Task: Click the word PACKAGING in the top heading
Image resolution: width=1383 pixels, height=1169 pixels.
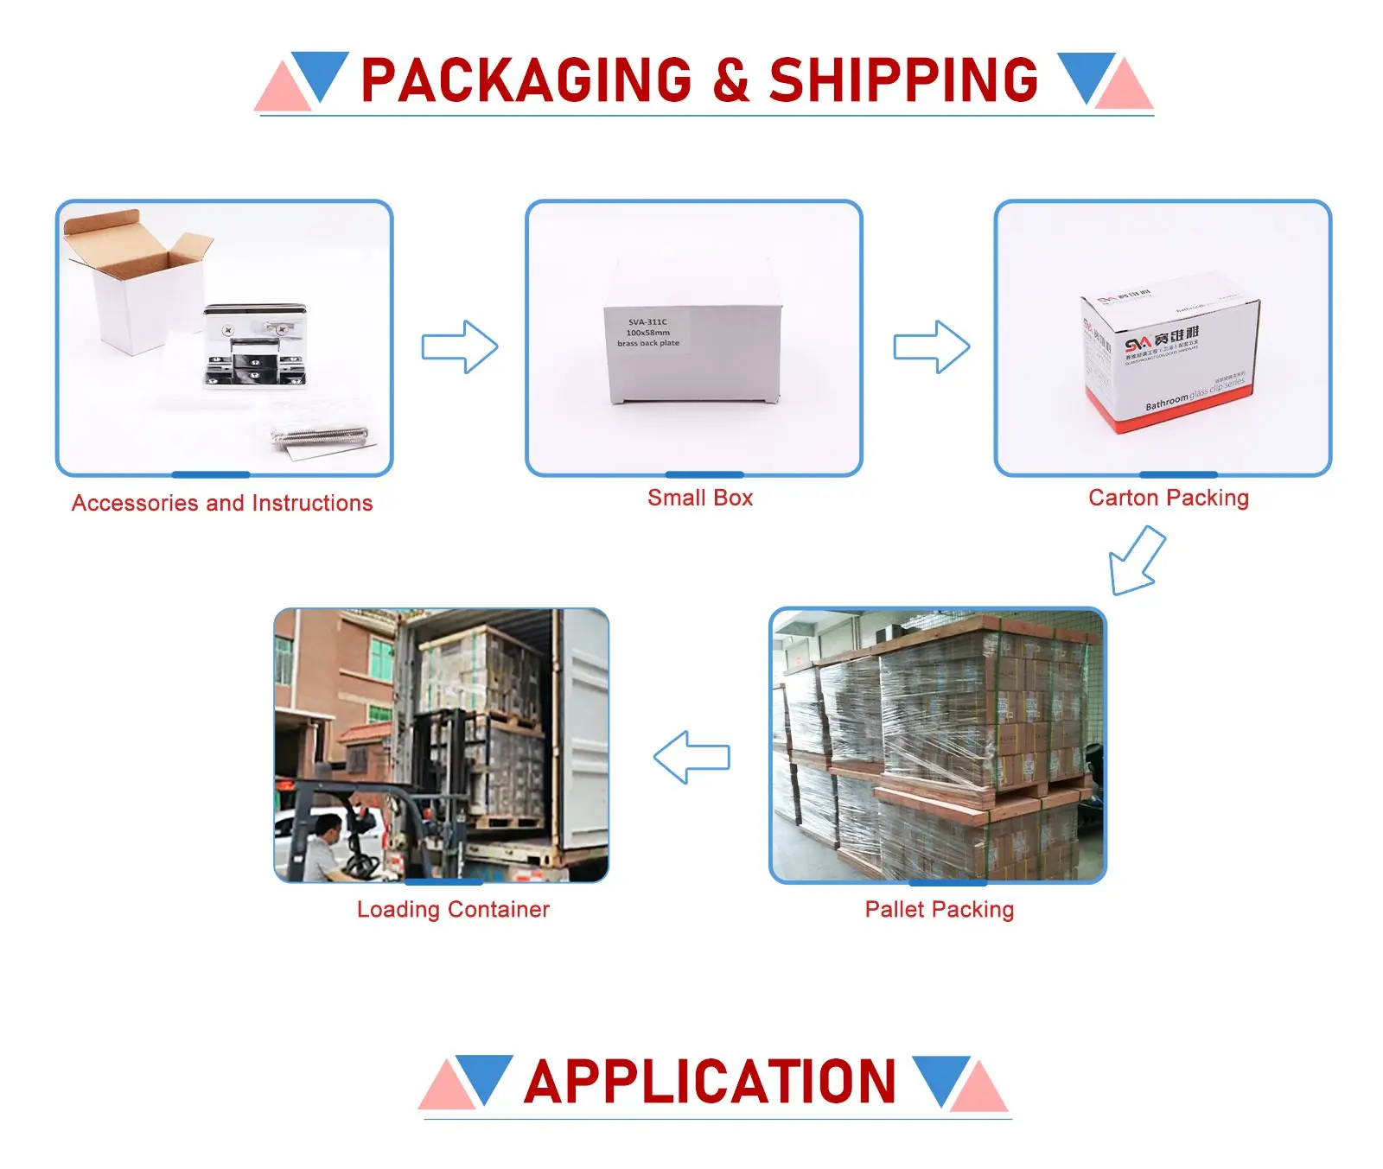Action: tap(526, 80)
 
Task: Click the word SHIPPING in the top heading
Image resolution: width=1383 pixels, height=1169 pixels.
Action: tap(903, 80)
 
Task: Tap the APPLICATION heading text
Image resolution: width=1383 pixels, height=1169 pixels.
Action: tap(710, 1082)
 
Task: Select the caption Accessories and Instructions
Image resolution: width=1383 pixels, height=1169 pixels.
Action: tap(222, 503)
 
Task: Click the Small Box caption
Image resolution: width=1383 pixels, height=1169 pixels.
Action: tap(700, 498)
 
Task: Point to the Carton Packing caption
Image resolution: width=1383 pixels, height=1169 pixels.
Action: tap(1168, 498)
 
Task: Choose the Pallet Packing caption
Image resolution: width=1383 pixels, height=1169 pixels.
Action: tap(940, 909)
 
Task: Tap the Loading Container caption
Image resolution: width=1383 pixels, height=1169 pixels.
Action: tap(453, 909)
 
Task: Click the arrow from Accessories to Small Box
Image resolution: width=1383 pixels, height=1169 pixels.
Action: tap(460, 346)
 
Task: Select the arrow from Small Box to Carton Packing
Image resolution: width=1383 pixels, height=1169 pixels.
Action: tap(931, 346)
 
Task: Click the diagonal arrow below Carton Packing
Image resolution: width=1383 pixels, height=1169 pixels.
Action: tap(1136, 561)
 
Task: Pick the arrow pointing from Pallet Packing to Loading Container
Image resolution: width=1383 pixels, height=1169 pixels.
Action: tap(691, 757)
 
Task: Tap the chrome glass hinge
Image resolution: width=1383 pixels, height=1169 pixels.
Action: tap(255, 346)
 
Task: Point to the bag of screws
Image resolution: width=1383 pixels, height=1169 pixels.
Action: tap(320, 434)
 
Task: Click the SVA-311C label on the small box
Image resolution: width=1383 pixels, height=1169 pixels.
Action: tap(647, 322)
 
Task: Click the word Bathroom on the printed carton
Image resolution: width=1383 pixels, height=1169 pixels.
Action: tap(1166, 402)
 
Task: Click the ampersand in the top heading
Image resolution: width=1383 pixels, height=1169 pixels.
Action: tap(731, 80)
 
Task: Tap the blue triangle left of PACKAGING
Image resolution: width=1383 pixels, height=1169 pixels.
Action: tap(320, 73)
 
